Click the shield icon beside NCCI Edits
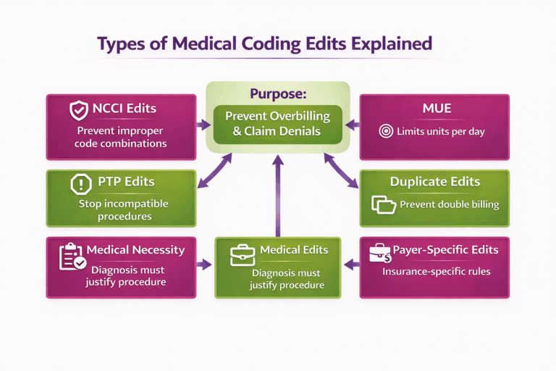tap(78, 110)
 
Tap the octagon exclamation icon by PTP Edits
tap(81, 184)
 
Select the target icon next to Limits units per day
tap(386, 131)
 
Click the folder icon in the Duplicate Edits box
tap(384, 204)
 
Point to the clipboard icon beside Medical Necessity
tap(72, 257)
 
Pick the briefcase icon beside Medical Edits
tap(243, 255)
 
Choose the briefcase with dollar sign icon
tap(380, 253)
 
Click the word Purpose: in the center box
tap(278, 94)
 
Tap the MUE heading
tap(437, 108)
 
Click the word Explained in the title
tap(392, 44)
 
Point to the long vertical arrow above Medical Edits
tap(278, 196)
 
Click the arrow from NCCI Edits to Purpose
tap(203, 125)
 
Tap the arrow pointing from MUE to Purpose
tap(352, 125)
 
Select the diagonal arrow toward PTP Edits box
tap(214, 171)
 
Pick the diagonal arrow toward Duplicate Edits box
tap(341, 171)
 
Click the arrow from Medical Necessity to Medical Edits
tap(204, 264)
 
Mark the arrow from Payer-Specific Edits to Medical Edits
tap(352, 264)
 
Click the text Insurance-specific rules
tap(436, 272)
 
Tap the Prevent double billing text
tap(450, 204)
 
